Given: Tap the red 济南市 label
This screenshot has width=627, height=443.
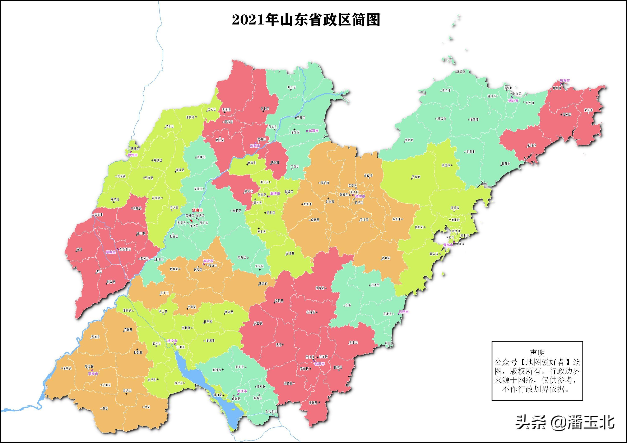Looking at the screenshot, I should pos(198,210).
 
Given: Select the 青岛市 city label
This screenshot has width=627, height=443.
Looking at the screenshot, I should pos(448,245).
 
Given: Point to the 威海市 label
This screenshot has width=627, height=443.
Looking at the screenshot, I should pos(565,80).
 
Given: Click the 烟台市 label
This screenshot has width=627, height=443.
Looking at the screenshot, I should pos(513,101).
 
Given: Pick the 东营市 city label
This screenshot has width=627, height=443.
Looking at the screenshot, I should pos(313,131).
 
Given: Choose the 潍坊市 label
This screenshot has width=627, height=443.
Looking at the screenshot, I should pos(360,196).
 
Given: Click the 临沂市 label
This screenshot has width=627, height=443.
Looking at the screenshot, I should pos(320,364).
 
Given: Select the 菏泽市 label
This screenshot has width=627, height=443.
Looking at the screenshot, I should pos(93,374).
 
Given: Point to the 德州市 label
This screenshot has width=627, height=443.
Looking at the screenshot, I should pos(133,155).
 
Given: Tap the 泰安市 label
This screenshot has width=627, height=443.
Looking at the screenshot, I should pos(208,261).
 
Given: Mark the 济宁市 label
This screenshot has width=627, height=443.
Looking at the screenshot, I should pos(172,341).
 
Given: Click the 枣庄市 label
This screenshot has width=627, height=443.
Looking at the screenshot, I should pos(242,391).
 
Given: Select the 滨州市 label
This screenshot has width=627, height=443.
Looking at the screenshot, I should pos(255,146).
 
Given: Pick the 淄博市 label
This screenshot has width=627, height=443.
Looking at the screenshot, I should pos(275,193).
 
